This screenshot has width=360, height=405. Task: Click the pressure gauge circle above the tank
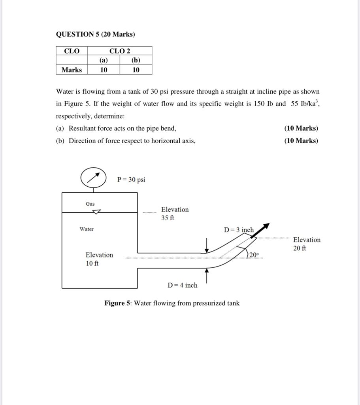tap(93, 178)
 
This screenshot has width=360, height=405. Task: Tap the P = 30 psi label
tap(131, 180)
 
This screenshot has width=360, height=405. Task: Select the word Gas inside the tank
tap(90, 204)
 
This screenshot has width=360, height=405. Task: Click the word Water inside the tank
tap(87, 229)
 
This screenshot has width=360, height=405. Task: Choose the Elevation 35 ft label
tap(175, 214)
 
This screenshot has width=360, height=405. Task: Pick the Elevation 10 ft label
tap(99, 259)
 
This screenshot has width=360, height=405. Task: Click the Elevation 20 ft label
tap(307, 244)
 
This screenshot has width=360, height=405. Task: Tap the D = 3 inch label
tap(239, 230)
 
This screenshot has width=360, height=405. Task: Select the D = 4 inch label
tap(182, 285)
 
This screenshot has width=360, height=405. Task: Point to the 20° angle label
tap(254, 255)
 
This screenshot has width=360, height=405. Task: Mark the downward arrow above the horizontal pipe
tap(207, 245)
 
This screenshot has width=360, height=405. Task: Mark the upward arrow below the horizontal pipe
tap(207, 275)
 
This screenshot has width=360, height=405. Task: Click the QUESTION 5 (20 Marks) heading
tap(95, 34)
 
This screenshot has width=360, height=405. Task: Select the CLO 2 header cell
tap(120, 51)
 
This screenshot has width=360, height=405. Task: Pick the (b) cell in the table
tap(136, 60)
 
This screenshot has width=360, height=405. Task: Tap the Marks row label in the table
tap(72, 70)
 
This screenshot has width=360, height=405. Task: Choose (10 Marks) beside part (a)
tap(301, 128)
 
